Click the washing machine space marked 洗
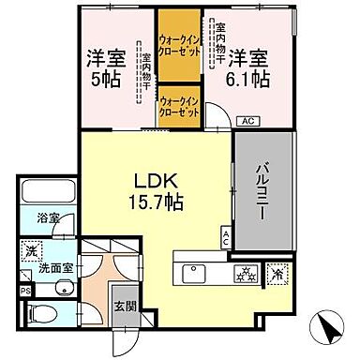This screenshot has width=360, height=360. [32, 250]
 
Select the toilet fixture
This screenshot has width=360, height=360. [47, 315]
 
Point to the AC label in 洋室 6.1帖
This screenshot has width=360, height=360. [248, 120]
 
